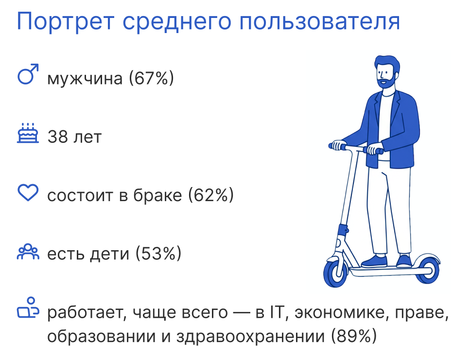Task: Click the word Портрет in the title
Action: pos(65,21)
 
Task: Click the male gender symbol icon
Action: pos(28,74)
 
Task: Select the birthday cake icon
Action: pos(28,133)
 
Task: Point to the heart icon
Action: pos(28,192)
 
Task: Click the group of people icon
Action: pos(28,251)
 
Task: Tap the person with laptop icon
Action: pos(28,308)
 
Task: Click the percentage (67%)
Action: pos(151,78)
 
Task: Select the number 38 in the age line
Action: pos(58,137)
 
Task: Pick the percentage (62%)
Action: pos(211,195)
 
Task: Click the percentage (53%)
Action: pos(158,254)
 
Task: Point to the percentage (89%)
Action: pos(354,336)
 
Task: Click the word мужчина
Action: pos(85,79)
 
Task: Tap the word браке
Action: pos(157,195)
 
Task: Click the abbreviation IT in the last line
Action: pos(277,312)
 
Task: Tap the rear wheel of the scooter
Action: pos(428,270)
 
